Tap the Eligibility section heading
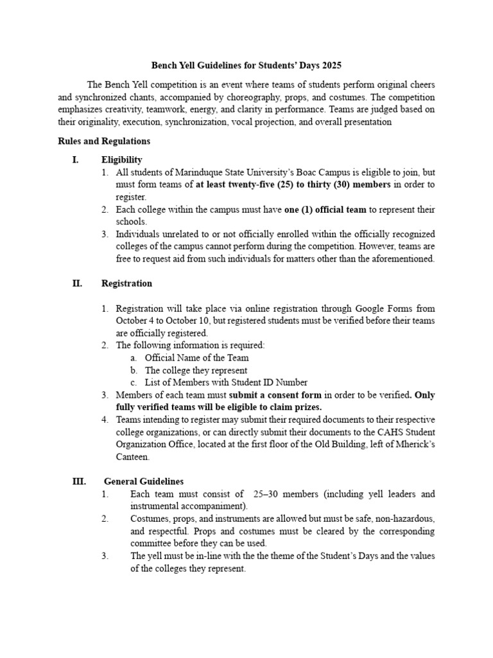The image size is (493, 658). tap(122, 159)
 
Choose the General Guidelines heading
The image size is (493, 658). tap(144, 481)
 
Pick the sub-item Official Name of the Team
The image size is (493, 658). tap(196, 357)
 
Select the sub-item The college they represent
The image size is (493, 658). tap(196, 370)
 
